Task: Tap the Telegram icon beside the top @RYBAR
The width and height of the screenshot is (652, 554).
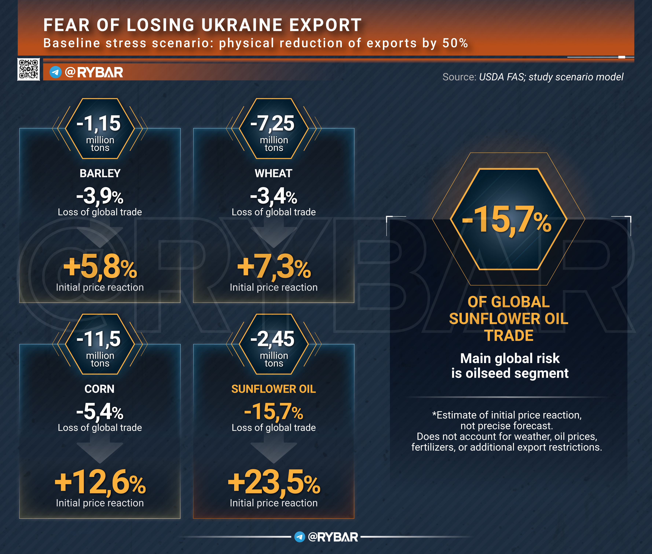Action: (56, 72)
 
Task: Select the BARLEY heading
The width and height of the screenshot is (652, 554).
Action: (100, 173)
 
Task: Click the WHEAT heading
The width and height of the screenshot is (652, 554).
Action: (273, 173)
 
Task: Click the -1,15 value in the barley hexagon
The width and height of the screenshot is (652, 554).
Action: (99, 123)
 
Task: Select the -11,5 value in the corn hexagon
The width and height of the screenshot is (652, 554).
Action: (99, 339)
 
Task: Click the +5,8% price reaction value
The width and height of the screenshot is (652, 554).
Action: (100, 267)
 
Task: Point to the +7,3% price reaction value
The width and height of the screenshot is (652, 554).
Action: (274, 267)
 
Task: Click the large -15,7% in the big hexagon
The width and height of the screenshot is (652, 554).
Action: (506, 220)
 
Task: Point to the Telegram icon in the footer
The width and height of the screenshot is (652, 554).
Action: (300, 537)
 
